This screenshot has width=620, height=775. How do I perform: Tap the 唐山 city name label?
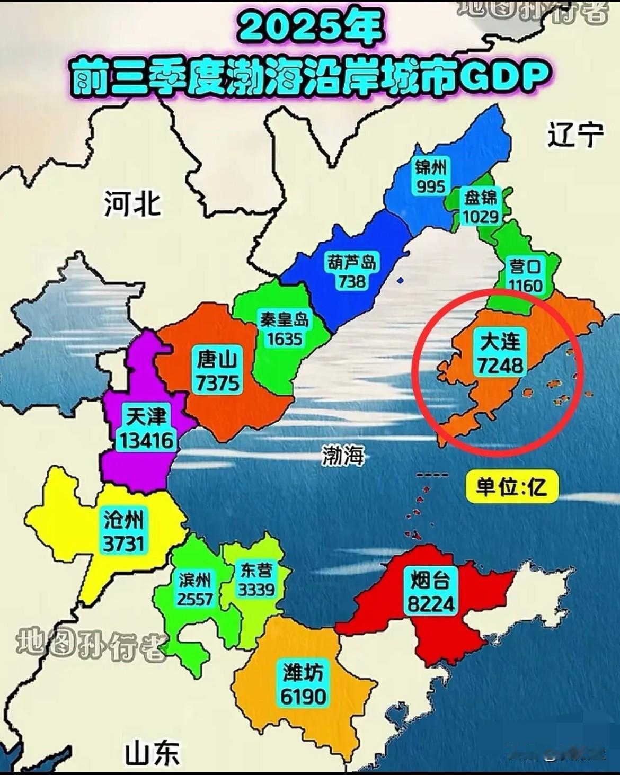[217, 360]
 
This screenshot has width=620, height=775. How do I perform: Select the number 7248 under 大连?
[500, 366]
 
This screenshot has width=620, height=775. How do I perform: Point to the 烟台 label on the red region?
[430, 581]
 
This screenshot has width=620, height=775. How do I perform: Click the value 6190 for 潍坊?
[303, 696]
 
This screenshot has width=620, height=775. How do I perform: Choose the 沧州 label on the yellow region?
[123, 521]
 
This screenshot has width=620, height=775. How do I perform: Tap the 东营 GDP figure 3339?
[256, 589]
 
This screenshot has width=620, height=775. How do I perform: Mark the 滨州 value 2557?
[195, 599]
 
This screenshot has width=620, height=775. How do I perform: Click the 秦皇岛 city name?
[284, 319]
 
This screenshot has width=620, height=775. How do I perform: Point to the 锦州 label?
[430, 168]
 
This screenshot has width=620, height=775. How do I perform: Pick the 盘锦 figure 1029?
[480, 217]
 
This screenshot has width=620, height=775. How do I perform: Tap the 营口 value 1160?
[525, 286]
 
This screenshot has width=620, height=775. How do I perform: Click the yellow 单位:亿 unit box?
[511, 486]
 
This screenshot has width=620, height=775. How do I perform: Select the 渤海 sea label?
[343, 455]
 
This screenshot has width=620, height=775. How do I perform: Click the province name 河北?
[132, 203]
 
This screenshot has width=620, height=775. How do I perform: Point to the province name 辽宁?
[575, 135]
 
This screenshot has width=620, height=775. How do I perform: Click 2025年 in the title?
[309, 28]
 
